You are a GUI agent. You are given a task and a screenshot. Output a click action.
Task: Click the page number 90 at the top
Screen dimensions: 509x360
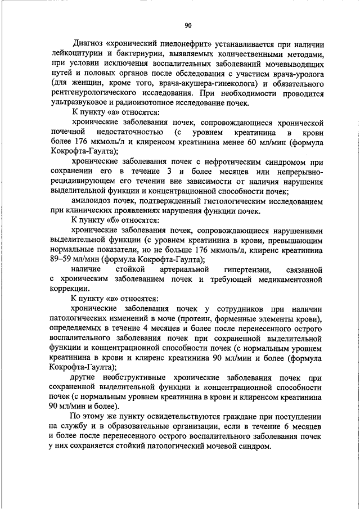click(188, 25)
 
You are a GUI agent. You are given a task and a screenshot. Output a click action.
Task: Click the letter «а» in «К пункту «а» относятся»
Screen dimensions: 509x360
click(106, 113)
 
